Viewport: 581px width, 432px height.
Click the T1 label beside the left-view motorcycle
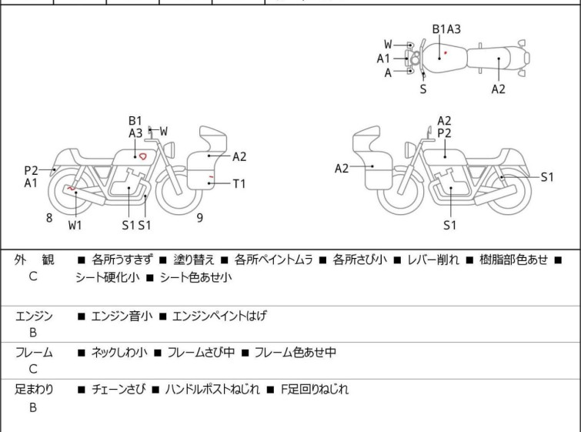(239, 183)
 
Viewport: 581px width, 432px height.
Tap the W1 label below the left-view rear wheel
(75, 225)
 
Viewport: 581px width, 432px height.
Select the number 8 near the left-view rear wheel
(49, 218)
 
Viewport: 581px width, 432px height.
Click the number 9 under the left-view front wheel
(199, 218)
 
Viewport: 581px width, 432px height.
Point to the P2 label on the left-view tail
(31, 170)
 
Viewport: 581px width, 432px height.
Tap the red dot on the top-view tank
(445, 53)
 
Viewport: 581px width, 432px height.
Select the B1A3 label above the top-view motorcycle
(446, 29)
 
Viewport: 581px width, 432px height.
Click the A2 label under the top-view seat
(499, 89)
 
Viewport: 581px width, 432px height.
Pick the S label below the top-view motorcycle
(423, 89)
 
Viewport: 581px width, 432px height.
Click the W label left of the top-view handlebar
(388, 44)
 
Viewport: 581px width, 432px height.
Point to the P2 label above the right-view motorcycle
(444, 133)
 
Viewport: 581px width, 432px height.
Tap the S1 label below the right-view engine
(450, 225)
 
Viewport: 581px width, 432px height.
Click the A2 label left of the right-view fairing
(342, 169)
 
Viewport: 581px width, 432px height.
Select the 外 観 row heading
(35, 260)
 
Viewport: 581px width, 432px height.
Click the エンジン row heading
(34, 316)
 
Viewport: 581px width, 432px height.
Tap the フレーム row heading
(34, 353)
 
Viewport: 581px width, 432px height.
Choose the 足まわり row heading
(35, 390)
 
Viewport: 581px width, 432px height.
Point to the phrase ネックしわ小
(119, 353)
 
